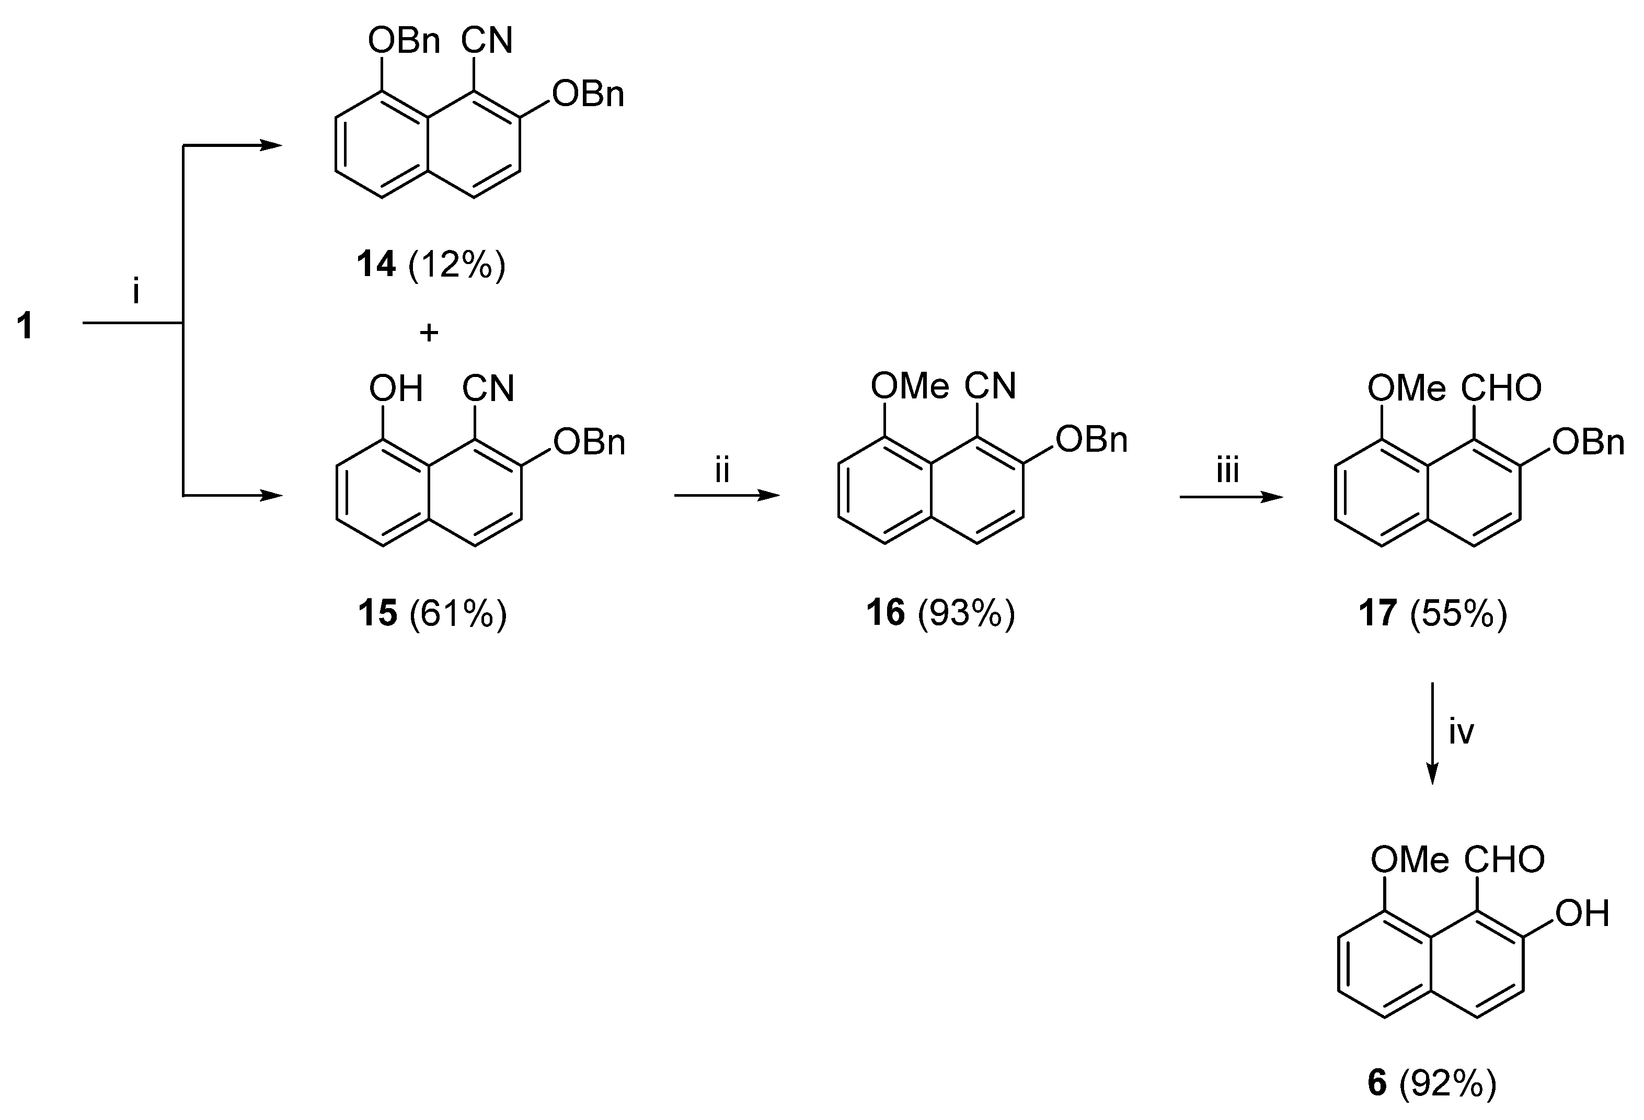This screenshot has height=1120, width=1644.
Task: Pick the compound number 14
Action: pos(376,265)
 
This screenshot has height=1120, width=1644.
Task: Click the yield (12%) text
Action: pos(457,265)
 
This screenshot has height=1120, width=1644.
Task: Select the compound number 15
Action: pos(377,613)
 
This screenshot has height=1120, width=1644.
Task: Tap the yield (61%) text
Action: pos(458,613)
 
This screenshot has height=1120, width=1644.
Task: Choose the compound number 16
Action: pos(886,613)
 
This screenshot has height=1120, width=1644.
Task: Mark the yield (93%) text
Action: pos(967,613)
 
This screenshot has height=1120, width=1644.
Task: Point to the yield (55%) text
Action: pos(1458,613)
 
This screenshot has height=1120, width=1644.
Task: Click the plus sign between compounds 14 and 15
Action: pos(429,332)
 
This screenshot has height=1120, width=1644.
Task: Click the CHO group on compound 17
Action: pos(1501,388)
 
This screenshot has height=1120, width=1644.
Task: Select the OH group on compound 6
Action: pos(1582,913)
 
